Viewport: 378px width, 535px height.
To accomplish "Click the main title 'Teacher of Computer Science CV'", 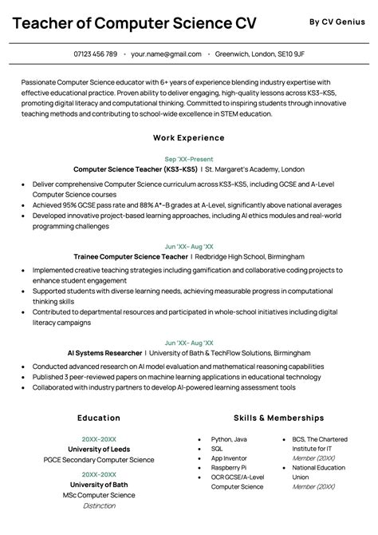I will [134, 23].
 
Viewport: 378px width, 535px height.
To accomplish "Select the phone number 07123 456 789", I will [95, 54].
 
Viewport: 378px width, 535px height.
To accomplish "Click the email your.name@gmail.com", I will [166, 54].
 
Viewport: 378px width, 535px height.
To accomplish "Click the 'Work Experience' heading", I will [188, 137].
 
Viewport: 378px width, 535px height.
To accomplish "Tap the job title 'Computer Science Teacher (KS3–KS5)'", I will [135, 169].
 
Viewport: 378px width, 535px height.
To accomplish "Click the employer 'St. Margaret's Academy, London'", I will [254, 169].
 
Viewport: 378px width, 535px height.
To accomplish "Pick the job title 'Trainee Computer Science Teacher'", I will [130, 257].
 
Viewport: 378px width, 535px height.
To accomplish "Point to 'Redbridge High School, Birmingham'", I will [249, 257].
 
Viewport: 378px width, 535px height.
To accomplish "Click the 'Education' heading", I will [99, 418].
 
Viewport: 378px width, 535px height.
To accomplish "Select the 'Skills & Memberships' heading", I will [278, 418].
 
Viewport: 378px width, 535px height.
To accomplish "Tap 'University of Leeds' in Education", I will [99, 450].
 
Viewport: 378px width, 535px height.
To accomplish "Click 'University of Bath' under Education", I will [99, 485].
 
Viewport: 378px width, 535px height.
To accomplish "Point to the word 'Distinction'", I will [99, 506].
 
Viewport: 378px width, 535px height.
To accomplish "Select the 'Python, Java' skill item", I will [229, 439].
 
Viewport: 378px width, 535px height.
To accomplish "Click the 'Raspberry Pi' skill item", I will [228, 467].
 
